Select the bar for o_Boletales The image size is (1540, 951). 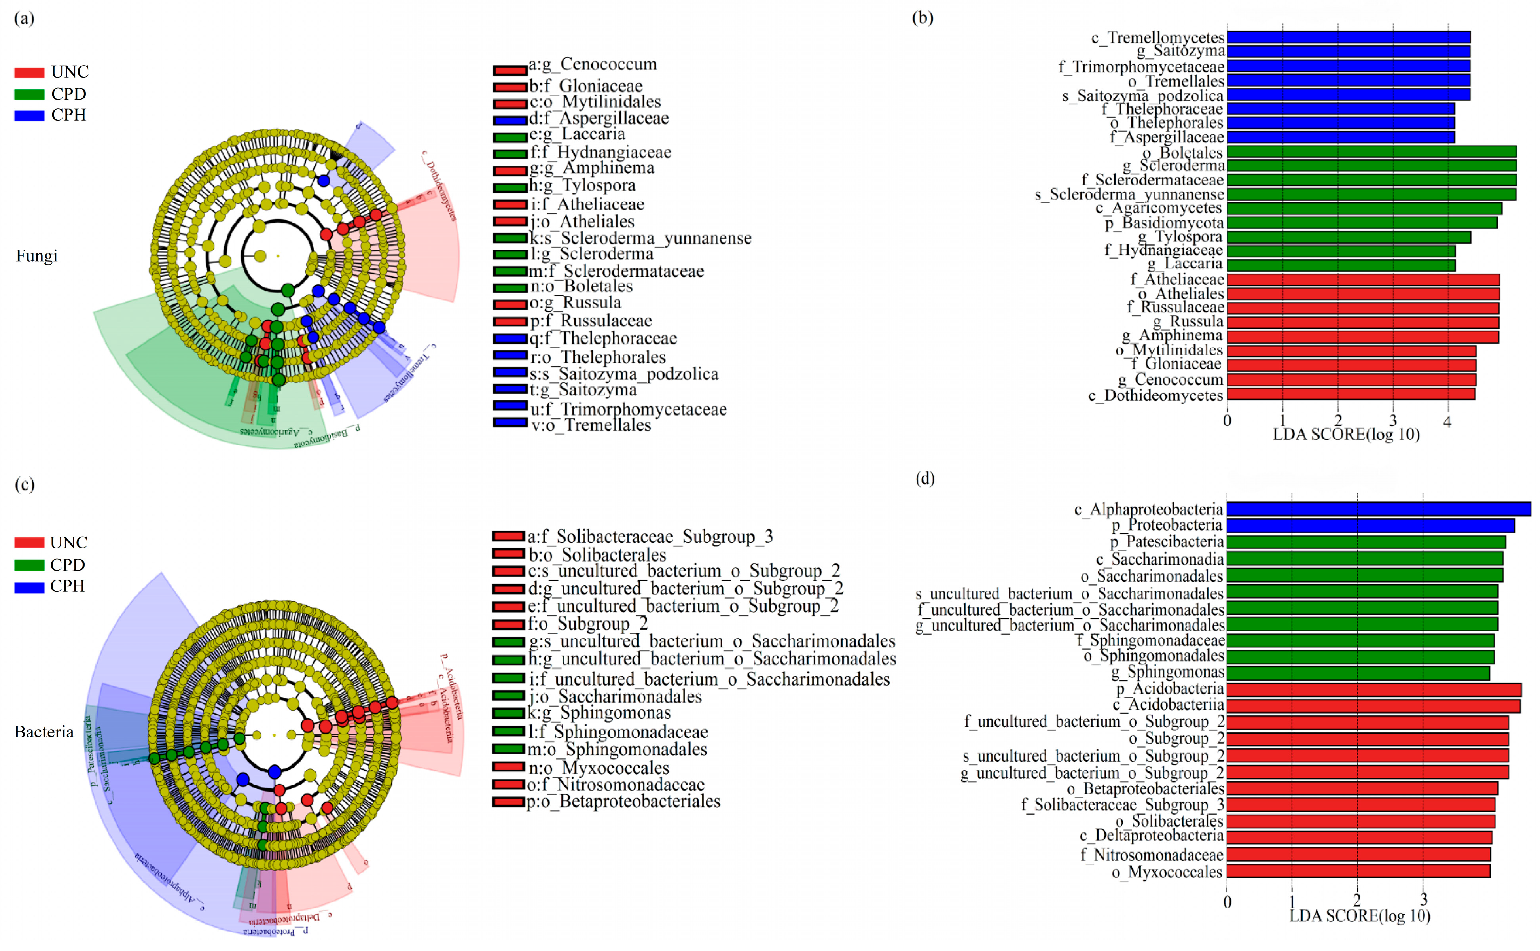[1371, 151]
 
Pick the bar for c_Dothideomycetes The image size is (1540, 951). [1351, 394]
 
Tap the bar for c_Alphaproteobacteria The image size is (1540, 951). [1378, 509]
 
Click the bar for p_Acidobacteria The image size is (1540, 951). [1374, 689]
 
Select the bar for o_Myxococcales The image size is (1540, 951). [1358, 871]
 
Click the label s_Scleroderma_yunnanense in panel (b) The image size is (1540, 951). [1129, 194]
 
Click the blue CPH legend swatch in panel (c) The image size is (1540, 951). [29, 587]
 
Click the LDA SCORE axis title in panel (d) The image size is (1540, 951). [1360, 916]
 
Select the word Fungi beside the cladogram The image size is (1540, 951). [36, 256]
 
